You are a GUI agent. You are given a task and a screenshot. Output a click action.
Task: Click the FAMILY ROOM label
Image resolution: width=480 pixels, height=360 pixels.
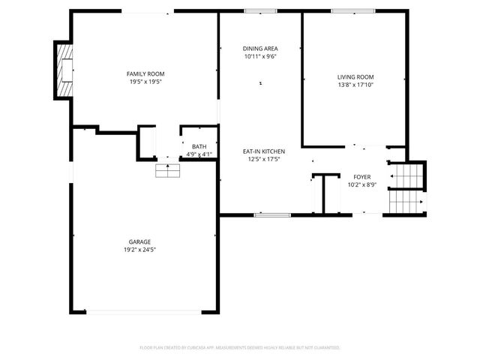pos(145,73)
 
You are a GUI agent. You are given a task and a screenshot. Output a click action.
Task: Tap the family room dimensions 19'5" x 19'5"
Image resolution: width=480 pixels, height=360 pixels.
pos(145,81)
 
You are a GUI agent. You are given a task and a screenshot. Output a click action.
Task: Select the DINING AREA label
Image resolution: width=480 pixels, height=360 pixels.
pos(260,48)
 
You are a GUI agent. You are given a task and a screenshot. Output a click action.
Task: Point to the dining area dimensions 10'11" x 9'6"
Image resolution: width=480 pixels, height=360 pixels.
pos(260,56)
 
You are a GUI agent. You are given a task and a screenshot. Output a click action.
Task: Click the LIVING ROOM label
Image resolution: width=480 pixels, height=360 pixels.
pos(355,76)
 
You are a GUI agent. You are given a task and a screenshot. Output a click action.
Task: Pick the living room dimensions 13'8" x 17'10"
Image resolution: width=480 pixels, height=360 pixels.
pos(355,85)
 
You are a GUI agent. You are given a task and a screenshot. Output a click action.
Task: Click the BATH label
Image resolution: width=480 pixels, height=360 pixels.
pos(199,147)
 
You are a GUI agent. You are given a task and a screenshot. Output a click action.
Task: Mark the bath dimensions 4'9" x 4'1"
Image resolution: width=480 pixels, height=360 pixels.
pos(199,154)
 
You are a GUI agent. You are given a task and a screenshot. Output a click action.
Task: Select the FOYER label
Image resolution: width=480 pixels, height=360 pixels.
pos(362,177)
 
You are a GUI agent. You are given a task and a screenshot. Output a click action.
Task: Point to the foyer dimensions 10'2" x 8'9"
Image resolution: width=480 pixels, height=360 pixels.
pos(362,184)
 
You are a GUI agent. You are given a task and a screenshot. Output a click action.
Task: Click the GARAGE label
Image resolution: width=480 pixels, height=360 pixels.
pos(140,241)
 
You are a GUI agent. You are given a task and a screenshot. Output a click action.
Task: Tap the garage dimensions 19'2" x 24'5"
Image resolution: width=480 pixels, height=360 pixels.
pos(140,250)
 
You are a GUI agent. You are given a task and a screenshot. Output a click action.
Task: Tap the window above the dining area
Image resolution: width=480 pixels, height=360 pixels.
pos(260,11)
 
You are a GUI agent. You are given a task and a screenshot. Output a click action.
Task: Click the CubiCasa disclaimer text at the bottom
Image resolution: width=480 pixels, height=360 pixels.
pos(240,348)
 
